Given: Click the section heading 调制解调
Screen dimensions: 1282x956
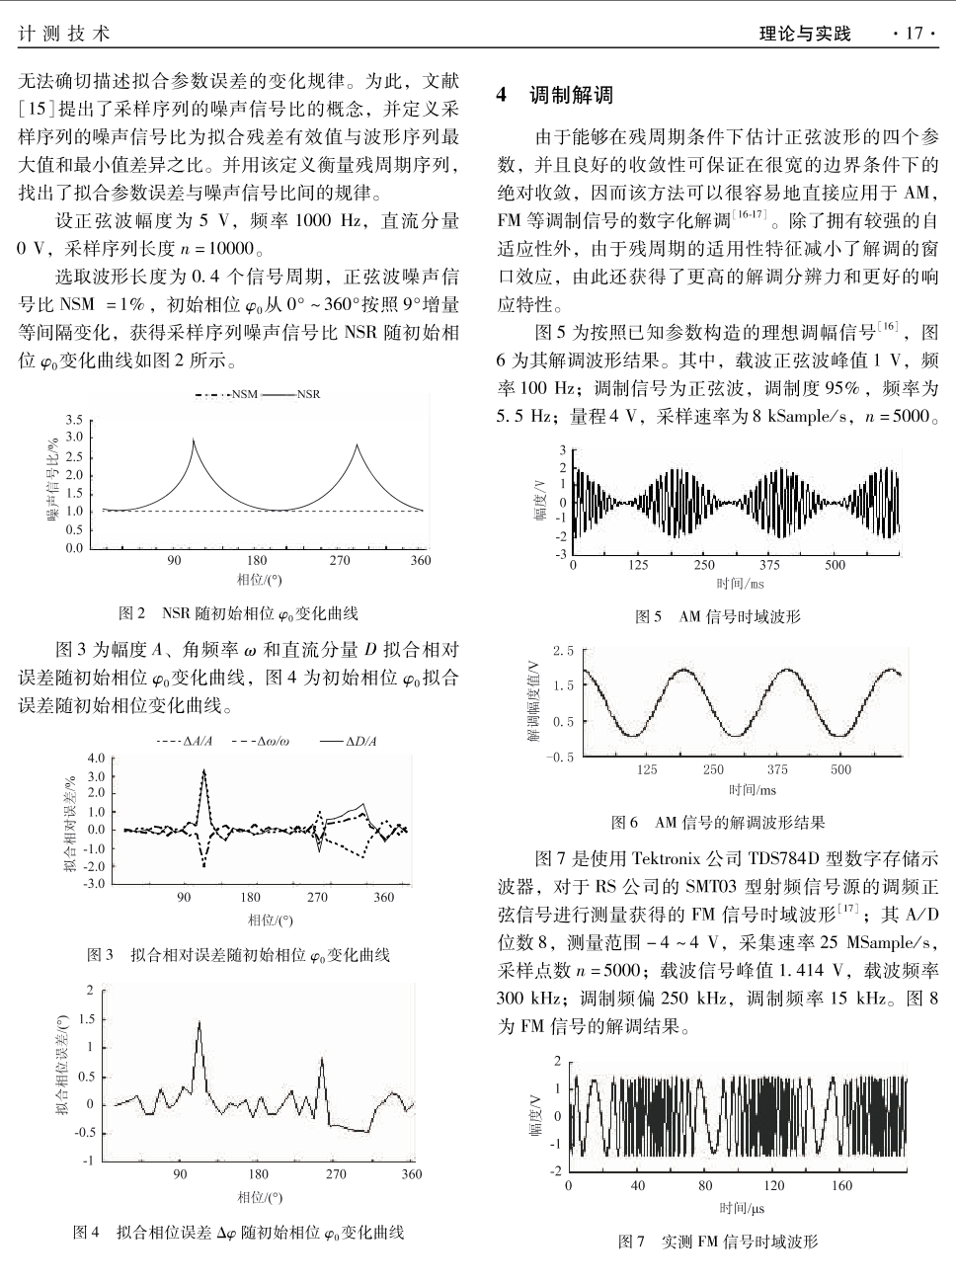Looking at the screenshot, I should click(571, 96).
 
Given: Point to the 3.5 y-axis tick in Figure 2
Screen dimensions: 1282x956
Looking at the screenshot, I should click(75, 420).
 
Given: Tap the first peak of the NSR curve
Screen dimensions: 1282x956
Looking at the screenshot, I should click(194, 441).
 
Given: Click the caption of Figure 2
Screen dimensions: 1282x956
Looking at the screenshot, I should click(239, 613).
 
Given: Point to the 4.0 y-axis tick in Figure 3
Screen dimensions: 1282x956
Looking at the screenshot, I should click(96, 759).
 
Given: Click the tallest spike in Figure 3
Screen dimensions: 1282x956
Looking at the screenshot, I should click(204, 770).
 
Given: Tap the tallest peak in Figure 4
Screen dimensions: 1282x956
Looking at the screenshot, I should click(199, 1023).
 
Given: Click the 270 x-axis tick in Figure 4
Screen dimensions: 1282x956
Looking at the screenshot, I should click(336, 1174).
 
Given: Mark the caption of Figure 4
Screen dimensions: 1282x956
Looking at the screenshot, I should click(239, 1232).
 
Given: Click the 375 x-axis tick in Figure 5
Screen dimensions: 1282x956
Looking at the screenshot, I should click(769, 565).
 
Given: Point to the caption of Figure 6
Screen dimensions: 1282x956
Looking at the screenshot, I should click(717, 821).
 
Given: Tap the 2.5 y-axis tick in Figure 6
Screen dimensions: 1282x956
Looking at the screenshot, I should click(563, 650).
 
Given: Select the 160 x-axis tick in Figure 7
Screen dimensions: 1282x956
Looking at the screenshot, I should click(841, 1185).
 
